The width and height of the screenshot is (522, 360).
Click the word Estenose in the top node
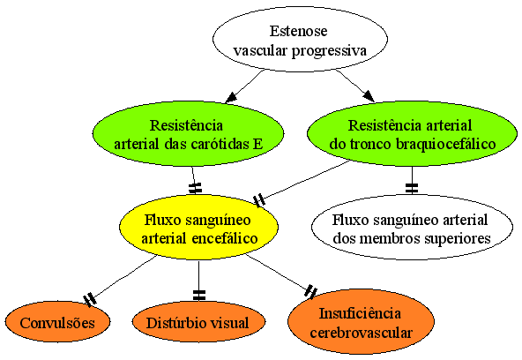(299, 31)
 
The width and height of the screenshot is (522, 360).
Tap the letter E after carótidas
(258, 144)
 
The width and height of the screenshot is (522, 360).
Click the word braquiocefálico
(446, 144)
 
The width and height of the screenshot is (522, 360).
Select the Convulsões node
(57, 322)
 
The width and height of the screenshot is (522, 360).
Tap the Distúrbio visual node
(198, 322)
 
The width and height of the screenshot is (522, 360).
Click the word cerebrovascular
(362, 333)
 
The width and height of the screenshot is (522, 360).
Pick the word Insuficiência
(360, 313)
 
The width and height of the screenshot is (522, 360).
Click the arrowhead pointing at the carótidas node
(231, 98)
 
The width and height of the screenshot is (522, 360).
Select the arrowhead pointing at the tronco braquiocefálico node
(369, 96)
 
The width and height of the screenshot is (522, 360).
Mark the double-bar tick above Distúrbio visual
(198, 295)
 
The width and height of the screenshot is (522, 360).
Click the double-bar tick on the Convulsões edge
(90, 299)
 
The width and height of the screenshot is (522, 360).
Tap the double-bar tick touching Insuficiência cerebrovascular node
(311, 291)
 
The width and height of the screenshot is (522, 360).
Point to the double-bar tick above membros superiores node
(412, 188)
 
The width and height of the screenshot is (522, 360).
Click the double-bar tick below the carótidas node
(195, 188)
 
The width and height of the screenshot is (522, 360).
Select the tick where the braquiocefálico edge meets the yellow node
(259, 201)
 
